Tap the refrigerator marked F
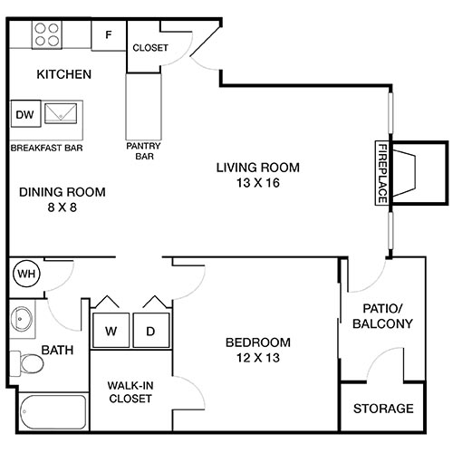109,35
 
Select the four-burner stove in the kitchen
48,34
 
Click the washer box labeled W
111,331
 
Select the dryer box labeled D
150,331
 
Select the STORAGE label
383,409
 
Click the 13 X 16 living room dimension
257,182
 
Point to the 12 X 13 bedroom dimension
257,357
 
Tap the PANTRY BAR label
142,149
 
